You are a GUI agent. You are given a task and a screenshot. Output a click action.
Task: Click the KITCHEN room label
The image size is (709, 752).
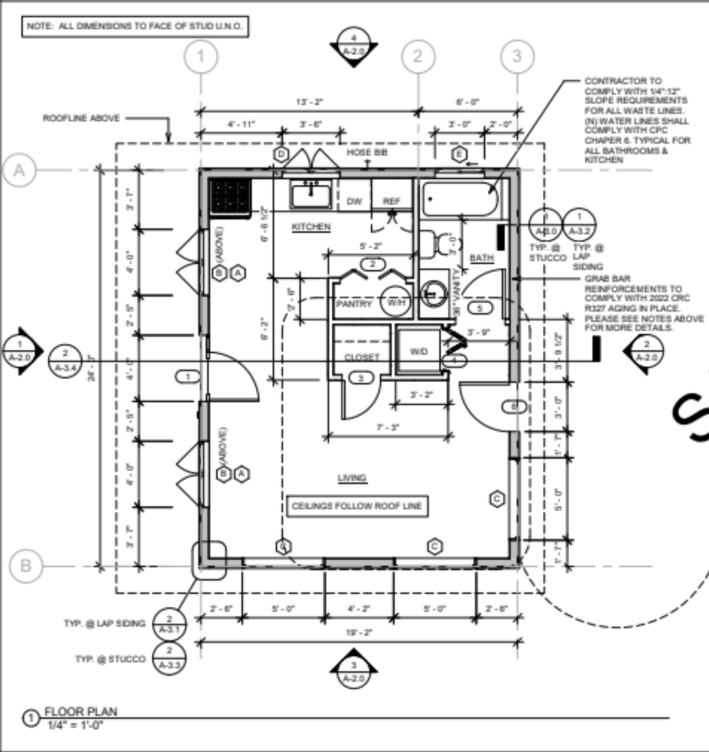[311, 226]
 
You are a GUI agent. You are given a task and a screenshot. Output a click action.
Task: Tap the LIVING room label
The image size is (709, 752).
[352, 478]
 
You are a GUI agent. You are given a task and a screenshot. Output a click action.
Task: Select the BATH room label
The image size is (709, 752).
[481, 258]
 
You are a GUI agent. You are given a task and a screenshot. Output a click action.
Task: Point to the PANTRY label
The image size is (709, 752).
[354, 303]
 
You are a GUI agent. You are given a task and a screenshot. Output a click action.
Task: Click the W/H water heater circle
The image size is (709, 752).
[396, 302]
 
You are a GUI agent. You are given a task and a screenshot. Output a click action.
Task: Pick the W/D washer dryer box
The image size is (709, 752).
[418, 351]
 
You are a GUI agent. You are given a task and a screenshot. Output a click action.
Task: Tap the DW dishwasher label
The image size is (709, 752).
[354, 201]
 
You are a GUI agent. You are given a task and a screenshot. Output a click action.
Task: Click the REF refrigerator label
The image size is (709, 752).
[391, 201]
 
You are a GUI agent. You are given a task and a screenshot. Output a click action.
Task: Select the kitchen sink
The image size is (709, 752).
[311, 195]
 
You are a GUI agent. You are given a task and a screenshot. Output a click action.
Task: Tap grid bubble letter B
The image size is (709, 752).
[25, 565]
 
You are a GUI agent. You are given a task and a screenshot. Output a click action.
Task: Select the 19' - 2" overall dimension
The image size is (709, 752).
[358, 633]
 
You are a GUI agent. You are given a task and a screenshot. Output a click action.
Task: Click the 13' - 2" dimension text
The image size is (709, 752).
[309, 102]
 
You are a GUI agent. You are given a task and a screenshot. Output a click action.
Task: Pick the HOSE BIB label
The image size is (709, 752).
[367, 152]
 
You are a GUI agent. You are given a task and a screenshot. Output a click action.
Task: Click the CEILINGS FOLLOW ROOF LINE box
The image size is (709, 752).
[357, 506]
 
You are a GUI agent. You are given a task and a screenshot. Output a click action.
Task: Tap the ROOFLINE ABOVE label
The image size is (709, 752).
[81, 118]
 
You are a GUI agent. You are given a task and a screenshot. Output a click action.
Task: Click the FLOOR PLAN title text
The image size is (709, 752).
[81, 711]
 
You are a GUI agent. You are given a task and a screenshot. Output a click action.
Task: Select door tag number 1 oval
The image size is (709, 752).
[187, 377]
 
